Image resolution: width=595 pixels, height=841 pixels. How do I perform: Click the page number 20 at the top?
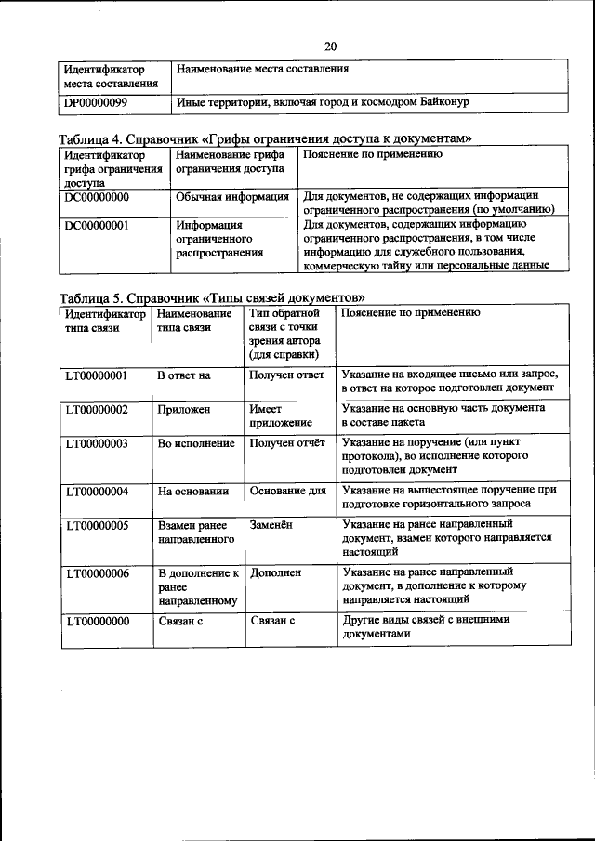tap(330, 46)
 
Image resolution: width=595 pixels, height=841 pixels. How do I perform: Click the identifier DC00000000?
tap(97, 197)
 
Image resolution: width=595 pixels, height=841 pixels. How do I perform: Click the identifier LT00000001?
tap(97, 375)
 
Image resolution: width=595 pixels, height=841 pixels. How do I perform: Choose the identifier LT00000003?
tap(97, 443)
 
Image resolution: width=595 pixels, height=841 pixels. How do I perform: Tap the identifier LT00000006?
tap(97, 573)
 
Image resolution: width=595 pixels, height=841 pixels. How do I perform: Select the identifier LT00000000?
tap(97, 622)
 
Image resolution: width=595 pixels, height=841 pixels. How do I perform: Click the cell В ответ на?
tap(183, 375)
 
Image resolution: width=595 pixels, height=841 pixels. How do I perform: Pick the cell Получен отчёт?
tap(286, 443)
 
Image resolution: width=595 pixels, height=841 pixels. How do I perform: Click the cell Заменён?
tap(271, 524)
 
